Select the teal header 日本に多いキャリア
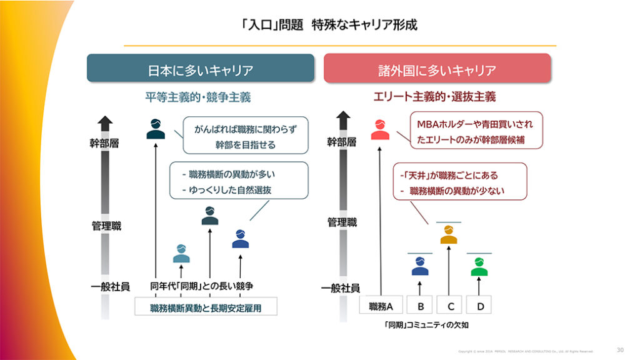coord(201,69)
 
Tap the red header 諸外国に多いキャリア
coord(437,69)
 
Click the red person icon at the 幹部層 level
coord(380,130)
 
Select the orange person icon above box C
coord(449,235)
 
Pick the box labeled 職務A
coord(381,306)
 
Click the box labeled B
coord(421,306)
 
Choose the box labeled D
coord(479,306)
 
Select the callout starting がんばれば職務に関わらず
coord(245,135)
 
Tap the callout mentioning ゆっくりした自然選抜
coord(239,181)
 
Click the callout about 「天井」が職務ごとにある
coord(459,182)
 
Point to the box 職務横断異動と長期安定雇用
coord(206,307)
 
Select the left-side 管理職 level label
coord(106,226)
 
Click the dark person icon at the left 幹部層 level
coord(156,129)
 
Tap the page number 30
coord(619,350)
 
